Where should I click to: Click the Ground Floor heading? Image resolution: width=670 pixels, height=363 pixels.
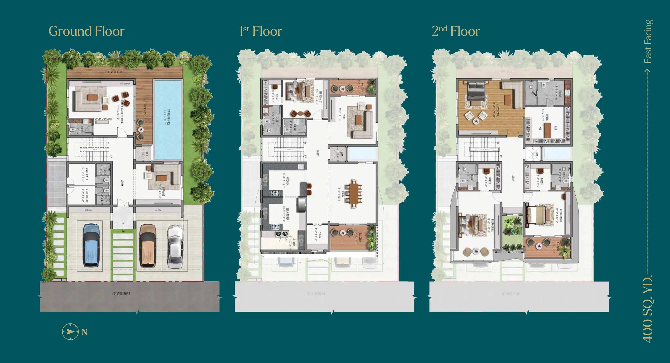click(x=86, y=31)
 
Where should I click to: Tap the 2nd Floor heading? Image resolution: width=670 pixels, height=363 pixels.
click(x=456, y=31)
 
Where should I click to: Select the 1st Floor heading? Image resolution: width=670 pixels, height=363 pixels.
click(x=260, y=31)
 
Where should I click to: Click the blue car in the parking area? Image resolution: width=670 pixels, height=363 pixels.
click(x=91, y=245)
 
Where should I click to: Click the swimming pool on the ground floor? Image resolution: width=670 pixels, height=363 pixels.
click(x=168, y=120)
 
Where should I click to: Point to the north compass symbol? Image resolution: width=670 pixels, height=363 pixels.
click(x=70, y=331)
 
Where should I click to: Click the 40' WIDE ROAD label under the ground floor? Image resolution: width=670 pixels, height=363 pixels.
click(x=121, y=293)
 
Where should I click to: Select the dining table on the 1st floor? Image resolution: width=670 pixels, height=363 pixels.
click(x=353, y=194)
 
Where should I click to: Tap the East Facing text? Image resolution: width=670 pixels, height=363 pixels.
click(x=648, y=42)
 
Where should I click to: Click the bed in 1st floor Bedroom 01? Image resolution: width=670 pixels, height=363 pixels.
click(x=299, y=91)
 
